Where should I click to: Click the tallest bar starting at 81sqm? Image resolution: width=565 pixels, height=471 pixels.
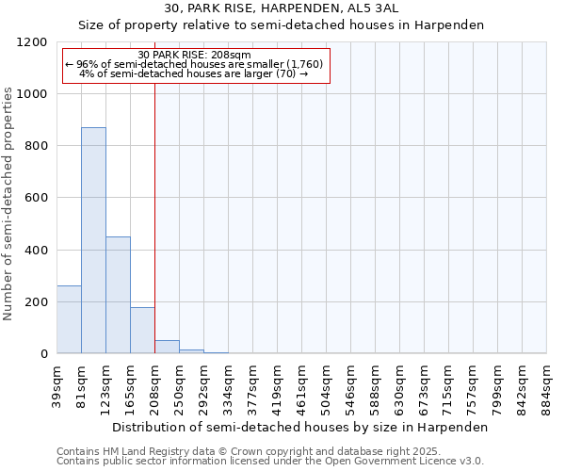point(93,240)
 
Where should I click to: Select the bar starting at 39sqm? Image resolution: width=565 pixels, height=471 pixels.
point(69,319)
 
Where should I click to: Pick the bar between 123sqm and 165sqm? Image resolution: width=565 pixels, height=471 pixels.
point(118,295)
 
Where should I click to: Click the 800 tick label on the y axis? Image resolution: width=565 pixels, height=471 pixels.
point(35,146)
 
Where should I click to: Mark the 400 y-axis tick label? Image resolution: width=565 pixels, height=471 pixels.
point(35,251)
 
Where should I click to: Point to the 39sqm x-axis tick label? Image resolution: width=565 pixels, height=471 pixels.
point(57,385)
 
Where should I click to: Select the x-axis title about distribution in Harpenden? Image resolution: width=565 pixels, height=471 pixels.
point(301,427)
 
